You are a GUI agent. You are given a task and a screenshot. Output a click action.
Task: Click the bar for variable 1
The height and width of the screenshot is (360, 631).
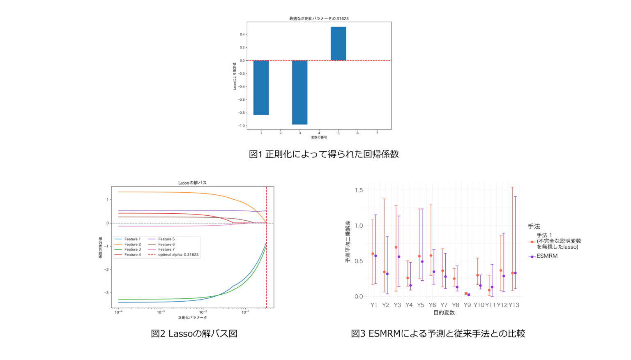pos(261,88)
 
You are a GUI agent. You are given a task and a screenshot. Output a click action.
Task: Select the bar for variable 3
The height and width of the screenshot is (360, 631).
pos(299,92)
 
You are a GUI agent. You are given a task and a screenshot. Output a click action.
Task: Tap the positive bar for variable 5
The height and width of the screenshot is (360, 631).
pos(338,44)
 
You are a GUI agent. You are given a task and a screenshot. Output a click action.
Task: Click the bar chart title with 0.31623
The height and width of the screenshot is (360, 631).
pos(319,18)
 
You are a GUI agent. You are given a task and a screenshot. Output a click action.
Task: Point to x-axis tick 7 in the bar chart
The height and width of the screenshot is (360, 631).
pos(377,133)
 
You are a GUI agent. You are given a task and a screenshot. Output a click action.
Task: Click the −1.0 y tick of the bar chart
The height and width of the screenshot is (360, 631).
pos(241,126)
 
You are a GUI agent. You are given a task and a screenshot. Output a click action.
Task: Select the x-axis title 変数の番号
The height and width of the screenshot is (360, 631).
pos(319,137)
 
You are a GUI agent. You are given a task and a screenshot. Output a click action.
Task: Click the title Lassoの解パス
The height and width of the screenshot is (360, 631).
pos(192,183)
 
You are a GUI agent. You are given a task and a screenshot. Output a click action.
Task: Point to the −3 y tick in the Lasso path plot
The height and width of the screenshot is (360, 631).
pos(108,293)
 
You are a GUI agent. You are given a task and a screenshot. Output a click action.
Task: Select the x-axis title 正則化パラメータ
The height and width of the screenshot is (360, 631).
pos(192,318)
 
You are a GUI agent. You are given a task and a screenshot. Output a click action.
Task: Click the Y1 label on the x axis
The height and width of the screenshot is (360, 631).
pos(373,305)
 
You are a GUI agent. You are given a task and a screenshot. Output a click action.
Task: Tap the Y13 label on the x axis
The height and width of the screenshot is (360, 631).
pos(514,305)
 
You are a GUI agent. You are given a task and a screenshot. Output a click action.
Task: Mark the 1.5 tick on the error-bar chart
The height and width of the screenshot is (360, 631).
pos(359,190)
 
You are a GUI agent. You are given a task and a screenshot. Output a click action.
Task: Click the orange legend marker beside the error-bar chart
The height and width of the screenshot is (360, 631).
pos(532,242)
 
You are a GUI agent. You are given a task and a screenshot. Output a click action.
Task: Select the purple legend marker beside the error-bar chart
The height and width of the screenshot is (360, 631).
pos(532,257)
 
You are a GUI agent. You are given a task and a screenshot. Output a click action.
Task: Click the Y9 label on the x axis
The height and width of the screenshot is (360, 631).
pos(467,305)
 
